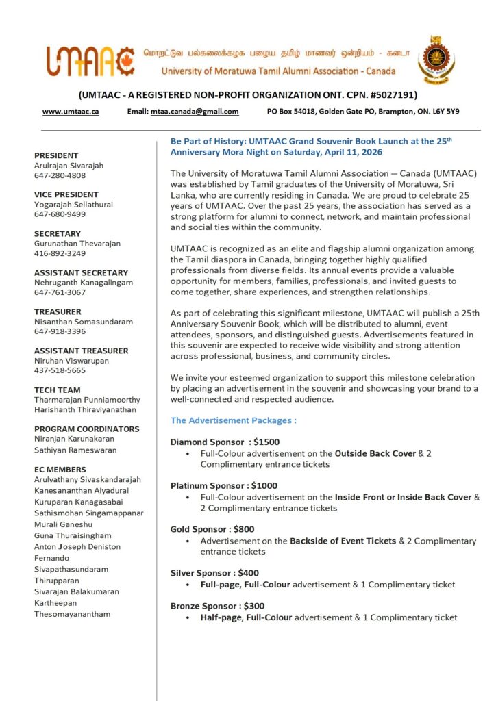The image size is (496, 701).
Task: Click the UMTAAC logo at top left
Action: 91,60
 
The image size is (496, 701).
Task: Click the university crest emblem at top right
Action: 436,60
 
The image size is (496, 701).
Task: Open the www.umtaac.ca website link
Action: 71,112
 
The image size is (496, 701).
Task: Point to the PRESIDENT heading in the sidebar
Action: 56,155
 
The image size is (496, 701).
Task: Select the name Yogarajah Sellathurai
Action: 75,204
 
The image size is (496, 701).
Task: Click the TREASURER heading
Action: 58,311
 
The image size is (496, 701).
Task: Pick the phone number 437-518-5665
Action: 60,370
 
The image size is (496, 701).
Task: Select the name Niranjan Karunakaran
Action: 75,439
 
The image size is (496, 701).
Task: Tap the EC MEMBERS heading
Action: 60,469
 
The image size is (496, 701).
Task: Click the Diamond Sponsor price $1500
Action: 266,442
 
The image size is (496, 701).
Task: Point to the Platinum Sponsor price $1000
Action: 264,485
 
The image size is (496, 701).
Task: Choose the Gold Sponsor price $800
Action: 244,529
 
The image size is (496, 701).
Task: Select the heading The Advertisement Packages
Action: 234,420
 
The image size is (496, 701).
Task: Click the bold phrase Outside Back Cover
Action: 376,453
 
